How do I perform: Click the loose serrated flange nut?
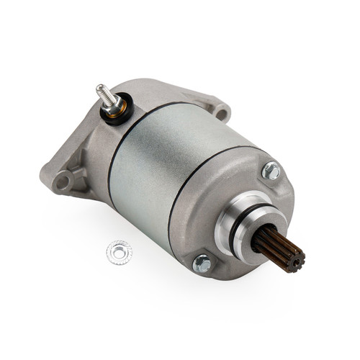119,251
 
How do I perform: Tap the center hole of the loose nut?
119,251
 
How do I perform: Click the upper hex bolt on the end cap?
271,171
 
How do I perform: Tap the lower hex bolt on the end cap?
203,264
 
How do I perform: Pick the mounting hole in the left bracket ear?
63,179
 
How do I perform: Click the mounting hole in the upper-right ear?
220,112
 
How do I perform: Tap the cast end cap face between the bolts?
216,194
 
